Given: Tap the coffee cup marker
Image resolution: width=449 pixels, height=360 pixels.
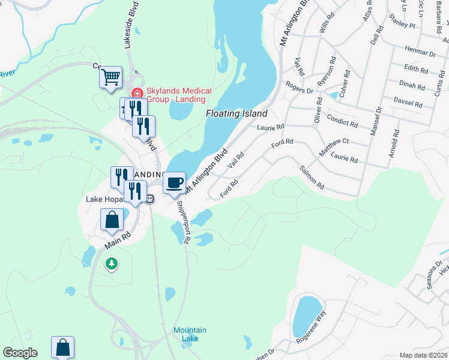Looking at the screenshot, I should point(174,183).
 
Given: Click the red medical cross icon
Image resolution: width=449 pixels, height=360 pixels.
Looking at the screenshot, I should point(137,93).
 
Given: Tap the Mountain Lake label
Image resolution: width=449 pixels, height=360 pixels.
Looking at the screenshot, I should point(190,334).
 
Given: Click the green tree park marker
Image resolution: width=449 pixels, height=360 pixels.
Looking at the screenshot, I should point(111,263).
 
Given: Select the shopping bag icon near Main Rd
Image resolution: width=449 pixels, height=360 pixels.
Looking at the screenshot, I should point(112,220).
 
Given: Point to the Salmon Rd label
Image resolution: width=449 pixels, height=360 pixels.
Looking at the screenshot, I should point(312,178).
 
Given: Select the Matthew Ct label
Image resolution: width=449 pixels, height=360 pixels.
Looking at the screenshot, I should point(334,147).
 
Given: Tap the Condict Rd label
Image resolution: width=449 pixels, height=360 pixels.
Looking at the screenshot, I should point(343,123).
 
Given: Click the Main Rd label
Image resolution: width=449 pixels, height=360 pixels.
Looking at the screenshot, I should point(118,234).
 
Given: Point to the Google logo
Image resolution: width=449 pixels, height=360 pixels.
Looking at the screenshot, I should point(20,353).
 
